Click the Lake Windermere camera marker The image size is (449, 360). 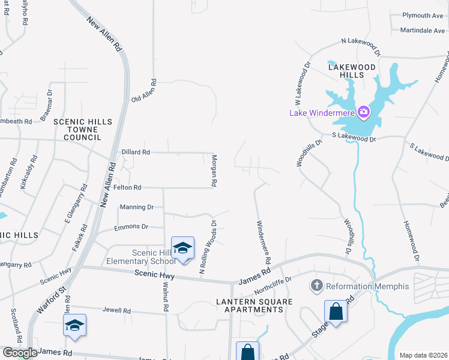coord(363,112)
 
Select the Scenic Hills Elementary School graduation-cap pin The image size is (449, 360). coord(183,248)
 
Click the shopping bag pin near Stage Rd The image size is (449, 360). coord(336,312)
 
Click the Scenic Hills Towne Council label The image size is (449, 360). coord(83,130)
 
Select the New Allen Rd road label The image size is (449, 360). coord(104,34)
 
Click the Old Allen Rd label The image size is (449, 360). coord(144,91)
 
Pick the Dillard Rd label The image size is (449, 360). coord(135,152)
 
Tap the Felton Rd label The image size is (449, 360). coord(127,188)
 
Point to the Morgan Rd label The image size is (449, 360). coord(214,171)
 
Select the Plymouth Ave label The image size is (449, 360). coord(422,16)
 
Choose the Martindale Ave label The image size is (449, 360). coord(420,30)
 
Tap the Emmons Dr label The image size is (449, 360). coord(130,227)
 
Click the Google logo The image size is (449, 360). coord(20,353)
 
